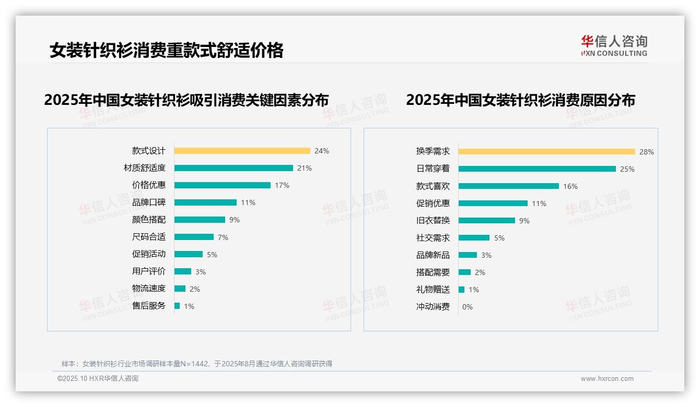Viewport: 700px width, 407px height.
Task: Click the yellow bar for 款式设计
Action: point(242,151)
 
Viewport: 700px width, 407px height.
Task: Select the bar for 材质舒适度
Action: point(234,168)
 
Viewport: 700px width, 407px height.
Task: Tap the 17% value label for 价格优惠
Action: point(282,185)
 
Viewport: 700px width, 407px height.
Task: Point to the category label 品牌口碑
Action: point(149,202)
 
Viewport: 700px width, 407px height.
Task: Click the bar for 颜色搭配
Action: point(200,220)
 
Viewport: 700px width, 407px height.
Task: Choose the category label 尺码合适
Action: point(149,237)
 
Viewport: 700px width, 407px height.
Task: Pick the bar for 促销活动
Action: point(189,254)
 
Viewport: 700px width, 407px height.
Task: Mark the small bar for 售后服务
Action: point(177,306)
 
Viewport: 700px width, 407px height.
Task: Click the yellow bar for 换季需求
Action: point(547,151)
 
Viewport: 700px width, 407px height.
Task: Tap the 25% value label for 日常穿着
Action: point(627,169)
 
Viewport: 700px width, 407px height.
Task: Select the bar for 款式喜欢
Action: point(509,186)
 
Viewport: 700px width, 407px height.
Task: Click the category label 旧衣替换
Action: point(433,220)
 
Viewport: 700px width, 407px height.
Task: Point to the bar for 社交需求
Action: point(474,237)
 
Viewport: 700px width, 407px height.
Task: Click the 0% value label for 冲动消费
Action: point(468,307)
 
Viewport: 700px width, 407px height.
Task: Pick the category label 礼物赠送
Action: point(433,290)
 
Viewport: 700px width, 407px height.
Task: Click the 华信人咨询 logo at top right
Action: point(614,45)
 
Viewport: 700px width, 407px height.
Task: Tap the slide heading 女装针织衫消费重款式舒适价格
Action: point(167,51)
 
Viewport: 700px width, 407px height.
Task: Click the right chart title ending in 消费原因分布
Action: point(520,100)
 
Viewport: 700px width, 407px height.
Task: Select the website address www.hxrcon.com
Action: point(607,379)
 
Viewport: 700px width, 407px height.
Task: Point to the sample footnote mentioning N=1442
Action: point(197,364)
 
